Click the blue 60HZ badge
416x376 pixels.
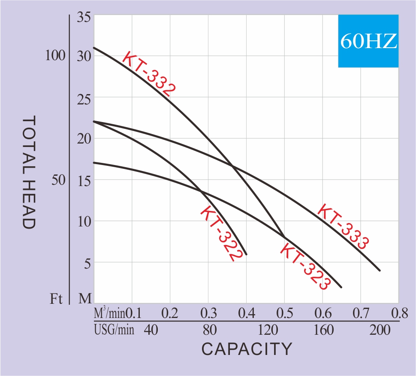click(x=368, y=41)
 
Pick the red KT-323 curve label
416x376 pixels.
click(x=305, y=266)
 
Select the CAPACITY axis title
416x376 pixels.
click(x=247, y=349)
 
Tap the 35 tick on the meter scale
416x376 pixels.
click(x=84, y=18)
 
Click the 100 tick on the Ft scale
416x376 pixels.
click(x=56, y=56)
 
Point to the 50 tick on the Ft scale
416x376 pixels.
click(x=58, y=180)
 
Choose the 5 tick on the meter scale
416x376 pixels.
click(x=87, y=263)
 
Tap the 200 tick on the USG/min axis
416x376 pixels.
click(x=380, y=330)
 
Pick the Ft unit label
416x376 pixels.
click(x=56, y=299)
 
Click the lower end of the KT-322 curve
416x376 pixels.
click(x=246, y=254)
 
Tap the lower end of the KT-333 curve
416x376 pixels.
click(x=380, y=270)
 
